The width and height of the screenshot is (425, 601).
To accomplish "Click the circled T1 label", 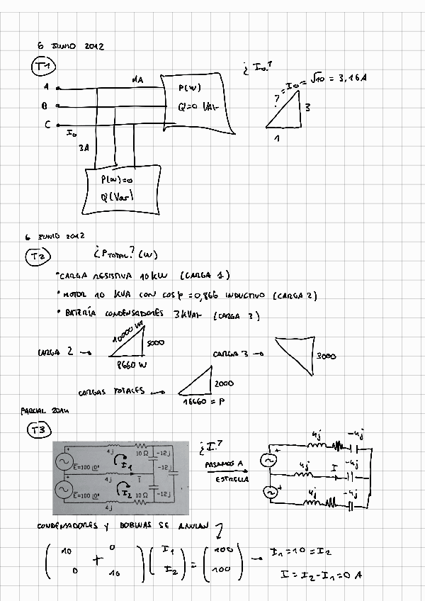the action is click(44, 67).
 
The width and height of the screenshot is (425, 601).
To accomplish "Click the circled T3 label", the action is click(38, 429).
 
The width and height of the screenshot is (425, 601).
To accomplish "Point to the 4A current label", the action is click(137, 80).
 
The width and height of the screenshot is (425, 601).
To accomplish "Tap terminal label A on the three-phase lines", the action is click(46, 87).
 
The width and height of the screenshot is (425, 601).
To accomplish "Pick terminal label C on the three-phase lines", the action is click(46, 125).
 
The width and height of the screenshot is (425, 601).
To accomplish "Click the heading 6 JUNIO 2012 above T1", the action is click(71, 46).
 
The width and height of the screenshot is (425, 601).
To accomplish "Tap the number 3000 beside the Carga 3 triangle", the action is click(327, 356).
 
